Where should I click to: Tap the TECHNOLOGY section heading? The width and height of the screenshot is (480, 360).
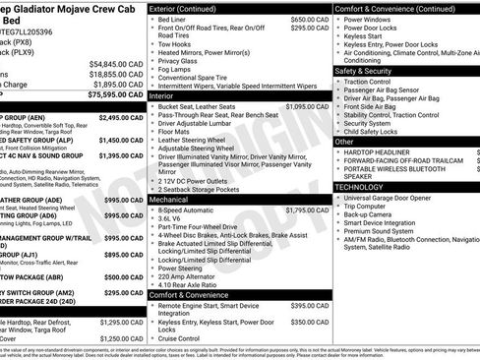tap(358, 186)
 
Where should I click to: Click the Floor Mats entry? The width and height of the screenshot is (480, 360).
tap(176, 131)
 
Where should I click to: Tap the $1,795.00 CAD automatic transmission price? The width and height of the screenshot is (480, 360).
tap(307, 210)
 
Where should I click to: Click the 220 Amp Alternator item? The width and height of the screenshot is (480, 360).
tap(192, 275)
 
